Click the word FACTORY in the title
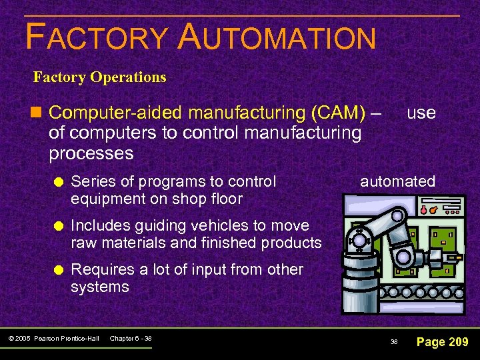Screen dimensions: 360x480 tap(97, 37)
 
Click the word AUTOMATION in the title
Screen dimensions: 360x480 tap(277, 37)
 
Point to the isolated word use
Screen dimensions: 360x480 tap(421, 113)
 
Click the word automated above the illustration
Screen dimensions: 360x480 tap(397, 181)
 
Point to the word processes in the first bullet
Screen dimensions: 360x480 tap(91, 153)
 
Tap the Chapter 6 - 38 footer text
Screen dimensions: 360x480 tap(131, 339)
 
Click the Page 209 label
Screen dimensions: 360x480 tap(442, 342)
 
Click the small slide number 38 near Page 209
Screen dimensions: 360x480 tap(394, 342)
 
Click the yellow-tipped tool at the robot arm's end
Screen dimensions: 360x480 tap(455, 257)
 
